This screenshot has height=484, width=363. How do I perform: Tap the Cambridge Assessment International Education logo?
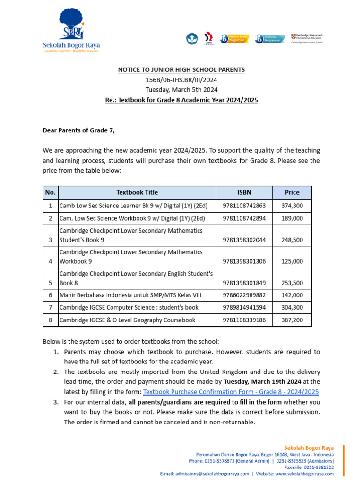[x=307, y=38]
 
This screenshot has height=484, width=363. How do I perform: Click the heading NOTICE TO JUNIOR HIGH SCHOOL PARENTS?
[x=181, y=70]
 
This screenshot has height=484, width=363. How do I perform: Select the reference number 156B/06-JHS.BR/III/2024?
[x=181, y=80]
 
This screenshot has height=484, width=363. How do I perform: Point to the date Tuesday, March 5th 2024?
[x=181, y=90]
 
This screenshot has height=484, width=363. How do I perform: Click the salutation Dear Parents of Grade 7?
[x=79, y=130]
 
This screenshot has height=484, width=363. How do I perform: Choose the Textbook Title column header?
[x=137, y=192]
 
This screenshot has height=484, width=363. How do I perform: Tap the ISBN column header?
[x=244, y=192]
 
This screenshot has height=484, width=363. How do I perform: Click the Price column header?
[x=292, y=192]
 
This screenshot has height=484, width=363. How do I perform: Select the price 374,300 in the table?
[x=292, y=206]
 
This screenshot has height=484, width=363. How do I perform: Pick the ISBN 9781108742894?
[x=244, y=218]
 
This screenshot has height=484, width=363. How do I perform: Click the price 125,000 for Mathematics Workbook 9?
[x=292, y=261]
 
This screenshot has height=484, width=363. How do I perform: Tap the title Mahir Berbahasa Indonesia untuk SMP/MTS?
[x=130, y=295]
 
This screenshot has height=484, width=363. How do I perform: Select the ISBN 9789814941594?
[x=244, y=308]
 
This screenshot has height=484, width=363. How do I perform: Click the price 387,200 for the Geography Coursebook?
[x=292, y=320]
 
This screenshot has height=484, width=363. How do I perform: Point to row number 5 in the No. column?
[x=50, y=283]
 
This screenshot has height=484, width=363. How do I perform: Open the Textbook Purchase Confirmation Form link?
[x=231, y=392]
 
